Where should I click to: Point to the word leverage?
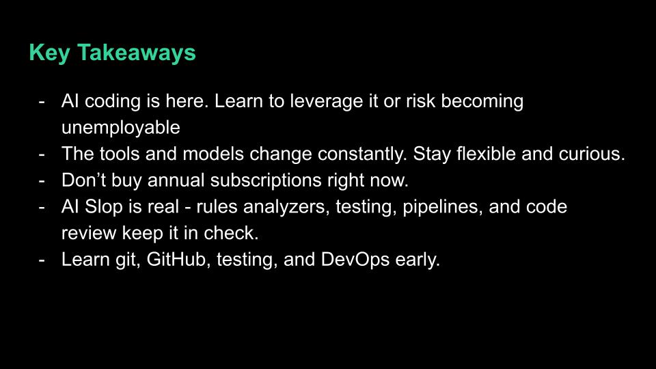coord(329,102)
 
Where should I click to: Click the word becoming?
coord(482,102)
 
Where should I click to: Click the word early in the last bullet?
coord(417,260)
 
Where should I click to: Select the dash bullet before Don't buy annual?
coord(42,181)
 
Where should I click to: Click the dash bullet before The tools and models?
coord(42,154)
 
